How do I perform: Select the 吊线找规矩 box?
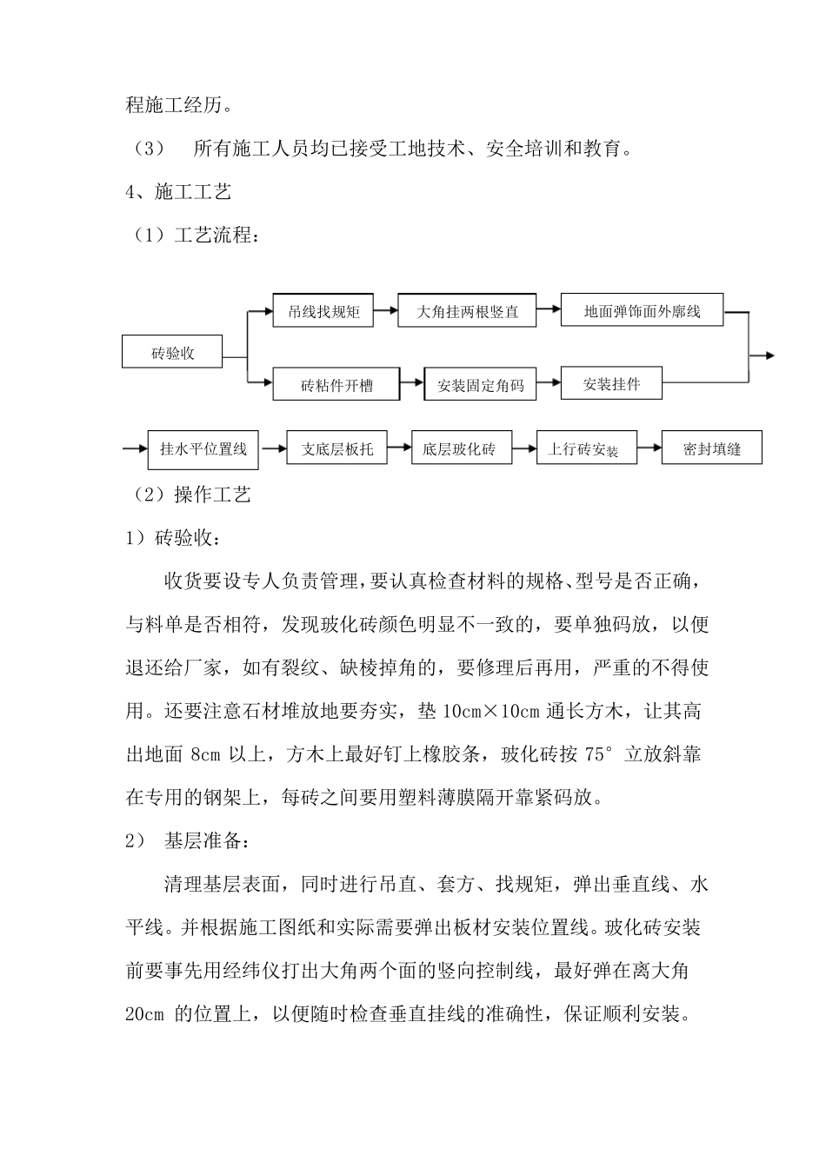click(323, 310)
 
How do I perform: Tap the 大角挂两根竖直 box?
click(467, 310)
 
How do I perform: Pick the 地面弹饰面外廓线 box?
click(642, 310)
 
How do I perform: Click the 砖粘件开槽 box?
click(336, 384)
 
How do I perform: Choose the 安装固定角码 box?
click(480, 384)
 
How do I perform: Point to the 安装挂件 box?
click(611, 383)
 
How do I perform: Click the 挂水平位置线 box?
click(203, 448)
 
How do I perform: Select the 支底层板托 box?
click(336, 448)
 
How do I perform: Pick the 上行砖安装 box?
click(586, 449)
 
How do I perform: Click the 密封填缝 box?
click(712, 448)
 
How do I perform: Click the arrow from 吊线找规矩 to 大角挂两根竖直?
click(385, 309)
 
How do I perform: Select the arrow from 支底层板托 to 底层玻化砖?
click(399, 448)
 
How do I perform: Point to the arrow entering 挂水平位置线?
click(135, 448)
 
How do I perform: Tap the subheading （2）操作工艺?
click(190, 494)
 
